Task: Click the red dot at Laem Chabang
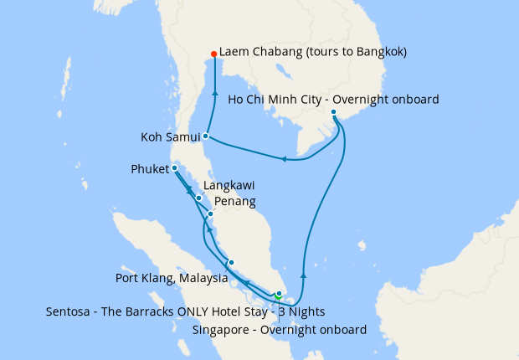coord(214,54)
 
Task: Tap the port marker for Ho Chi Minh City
coord(333,111)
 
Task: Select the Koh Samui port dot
coord(205,135)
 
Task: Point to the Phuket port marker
coord(174,168)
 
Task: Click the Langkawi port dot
coord(198,198)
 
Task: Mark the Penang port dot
coord(210,214)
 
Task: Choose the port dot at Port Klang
coord(231,262)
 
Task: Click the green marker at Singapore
coord(278,296)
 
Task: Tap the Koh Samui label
coord(168,136)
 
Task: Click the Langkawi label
coord(229,185)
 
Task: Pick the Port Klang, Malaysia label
coord(171,278)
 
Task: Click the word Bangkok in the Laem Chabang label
coord(377,52)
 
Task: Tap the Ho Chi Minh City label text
coord(333,100)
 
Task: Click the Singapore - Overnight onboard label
coord(279,330)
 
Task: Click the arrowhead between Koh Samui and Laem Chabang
coord(215,94)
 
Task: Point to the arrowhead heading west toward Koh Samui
coord(285,158)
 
